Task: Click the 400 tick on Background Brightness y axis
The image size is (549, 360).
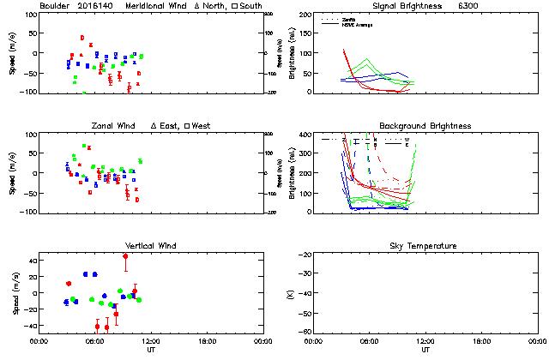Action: pyautogui.click(x=306, y=135)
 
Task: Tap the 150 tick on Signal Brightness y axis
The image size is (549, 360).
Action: pyautogui.click(x=306, y=34)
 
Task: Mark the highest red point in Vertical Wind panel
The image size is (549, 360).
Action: pyautogui.click(x=125, y=256)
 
